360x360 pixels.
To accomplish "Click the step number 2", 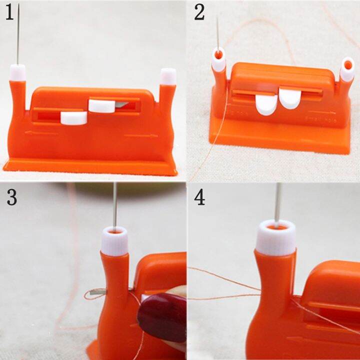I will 199,12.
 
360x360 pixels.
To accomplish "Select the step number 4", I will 199,197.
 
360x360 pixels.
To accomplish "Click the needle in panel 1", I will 18,35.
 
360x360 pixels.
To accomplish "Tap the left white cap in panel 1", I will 18,72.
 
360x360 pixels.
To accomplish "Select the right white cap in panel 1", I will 168,76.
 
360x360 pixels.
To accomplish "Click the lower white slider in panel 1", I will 73,117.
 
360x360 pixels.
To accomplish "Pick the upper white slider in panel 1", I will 102,105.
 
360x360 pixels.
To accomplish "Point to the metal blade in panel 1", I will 121,105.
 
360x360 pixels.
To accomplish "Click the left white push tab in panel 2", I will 265,104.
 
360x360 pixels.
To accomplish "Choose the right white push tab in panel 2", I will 288,97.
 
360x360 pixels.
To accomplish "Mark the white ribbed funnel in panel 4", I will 276,237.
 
